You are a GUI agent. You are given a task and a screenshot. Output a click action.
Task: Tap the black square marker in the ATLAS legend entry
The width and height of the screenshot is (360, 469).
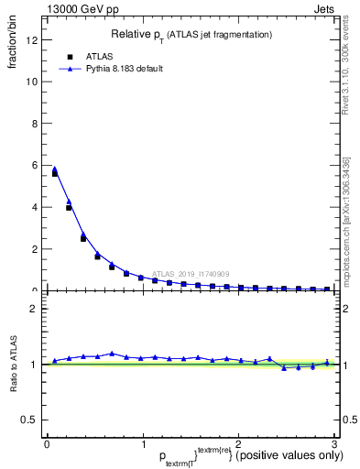(x=68, y=55)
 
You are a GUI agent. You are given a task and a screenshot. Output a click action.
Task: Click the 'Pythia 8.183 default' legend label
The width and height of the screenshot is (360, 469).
(x=124, y=69)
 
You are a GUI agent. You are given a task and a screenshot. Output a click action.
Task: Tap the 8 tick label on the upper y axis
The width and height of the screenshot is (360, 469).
(x=33, y=124)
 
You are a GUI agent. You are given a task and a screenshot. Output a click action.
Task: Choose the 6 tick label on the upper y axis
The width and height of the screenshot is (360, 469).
(x=33, y=165)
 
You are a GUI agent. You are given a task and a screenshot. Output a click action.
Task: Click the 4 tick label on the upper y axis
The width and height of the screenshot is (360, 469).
(x=33, y=207)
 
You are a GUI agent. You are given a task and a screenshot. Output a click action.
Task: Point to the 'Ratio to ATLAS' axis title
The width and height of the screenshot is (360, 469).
(x=13, y=364)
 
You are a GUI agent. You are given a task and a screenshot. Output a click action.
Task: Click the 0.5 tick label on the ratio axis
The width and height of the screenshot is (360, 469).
(x=28, y=420)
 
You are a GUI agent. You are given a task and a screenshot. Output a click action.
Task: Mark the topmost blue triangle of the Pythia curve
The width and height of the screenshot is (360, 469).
(x=55, y=169)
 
